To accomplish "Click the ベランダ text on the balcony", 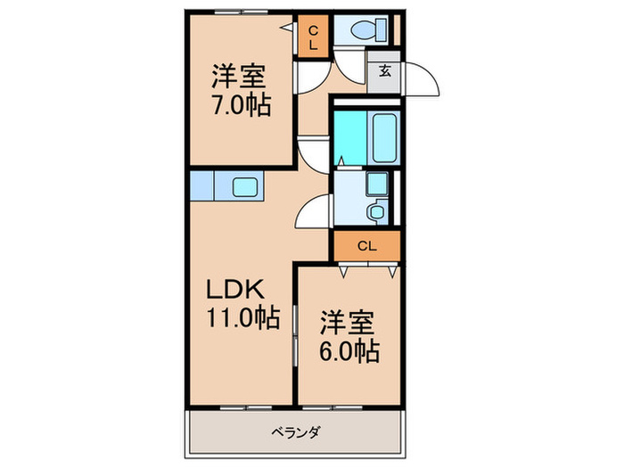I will pos(295,433).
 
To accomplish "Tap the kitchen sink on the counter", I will pos(245,188).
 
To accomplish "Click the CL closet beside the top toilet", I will pos(313,37).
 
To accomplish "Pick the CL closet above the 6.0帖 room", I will pos(366,245).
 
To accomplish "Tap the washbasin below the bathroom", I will pos(377,212).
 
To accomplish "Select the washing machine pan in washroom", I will pos(377,185).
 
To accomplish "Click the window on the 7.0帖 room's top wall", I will pos(241,12).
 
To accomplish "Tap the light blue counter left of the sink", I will pos(202,188).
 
